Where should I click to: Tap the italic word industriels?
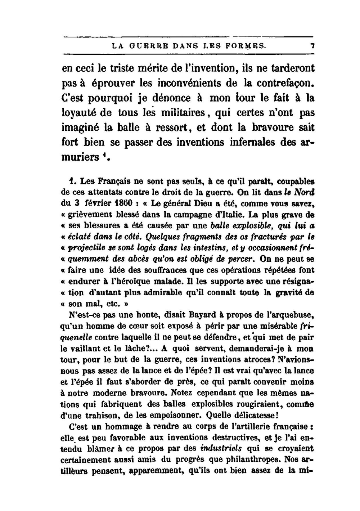click(221, 449)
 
